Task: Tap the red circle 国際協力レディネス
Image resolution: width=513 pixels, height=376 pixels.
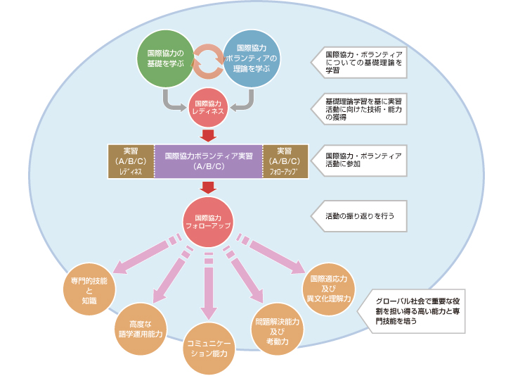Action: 207,108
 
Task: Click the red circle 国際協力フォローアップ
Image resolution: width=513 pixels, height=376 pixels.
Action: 207,222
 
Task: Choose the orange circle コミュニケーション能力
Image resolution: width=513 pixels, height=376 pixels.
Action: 207,349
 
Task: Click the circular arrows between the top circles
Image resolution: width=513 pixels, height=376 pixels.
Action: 208,60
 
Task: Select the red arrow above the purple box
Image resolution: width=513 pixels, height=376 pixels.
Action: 207,135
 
